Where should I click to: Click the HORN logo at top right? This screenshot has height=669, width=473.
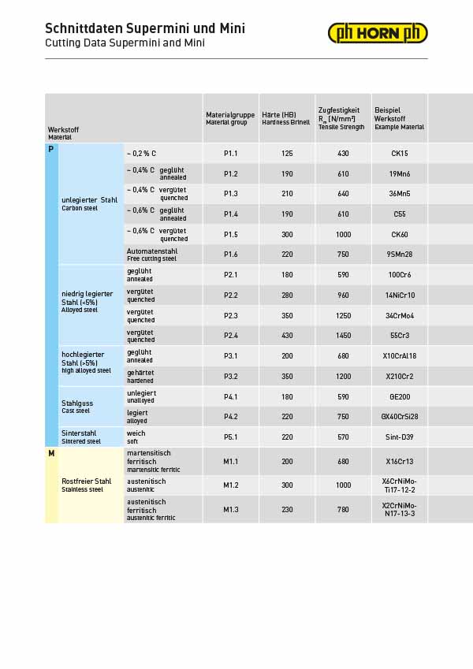pos(378,33)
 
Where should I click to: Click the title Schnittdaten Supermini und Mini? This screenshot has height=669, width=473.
pos(145,28)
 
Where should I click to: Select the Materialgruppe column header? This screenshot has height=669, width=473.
pos(230,118)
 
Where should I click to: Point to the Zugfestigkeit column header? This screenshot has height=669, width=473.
pos(341,118)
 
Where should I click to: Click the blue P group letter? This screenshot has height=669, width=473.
pos(51,149)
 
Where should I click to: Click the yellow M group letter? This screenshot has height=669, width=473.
pos(51,454)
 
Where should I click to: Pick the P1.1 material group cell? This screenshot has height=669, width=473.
pos(230,154)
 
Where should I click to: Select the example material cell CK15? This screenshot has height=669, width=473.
pos(400,154)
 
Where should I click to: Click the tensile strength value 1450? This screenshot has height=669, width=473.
pos(343,336)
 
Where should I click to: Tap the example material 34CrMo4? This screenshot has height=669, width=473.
pos(400,315)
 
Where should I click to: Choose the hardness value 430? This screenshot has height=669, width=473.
pos(287,336)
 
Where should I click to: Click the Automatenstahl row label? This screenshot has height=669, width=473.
pos(152,255)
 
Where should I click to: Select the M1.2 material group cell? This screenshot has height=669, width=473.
pos(230,485)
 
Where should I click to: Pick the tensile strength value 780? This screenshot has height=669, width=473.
pos(343,510)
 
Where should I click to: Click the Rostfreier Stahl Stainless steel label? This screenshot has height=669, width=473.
pos(87,485)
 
